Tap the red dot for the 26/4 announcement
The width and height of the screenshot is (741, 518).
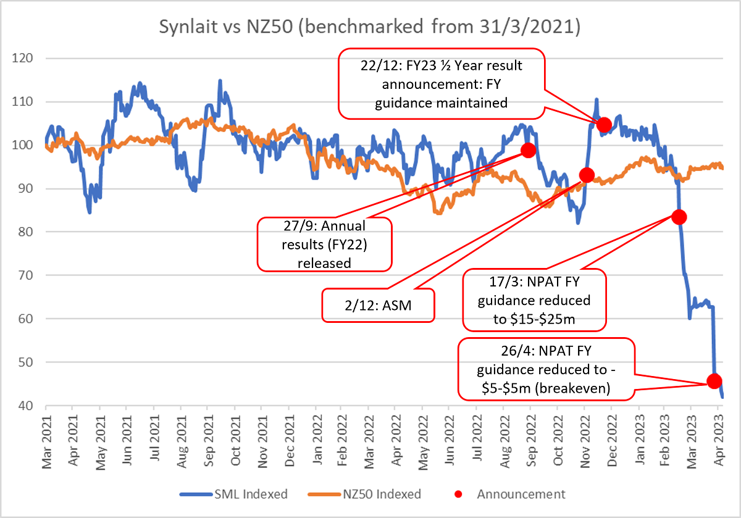click(x=714, y=381)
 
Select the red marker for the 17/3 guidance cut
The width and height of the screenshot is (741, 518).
click(x=679, y=217)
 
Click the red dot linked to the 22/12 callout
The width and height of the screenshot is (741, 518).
click(x=604, y=125)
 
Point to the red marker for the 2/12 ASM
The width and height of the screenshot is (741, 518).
click(x=587, y=175)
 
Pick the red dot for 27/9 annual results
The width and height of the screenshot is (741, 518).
click(x=528, y=150)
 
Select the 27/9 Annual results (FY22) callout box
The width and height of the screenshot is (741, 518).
click(x=324, y=244)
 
